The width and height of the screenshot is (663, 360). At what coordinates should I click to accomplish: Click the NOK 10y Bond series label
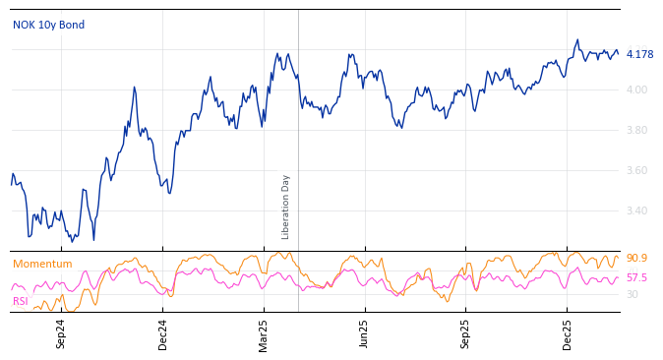click(48, 25)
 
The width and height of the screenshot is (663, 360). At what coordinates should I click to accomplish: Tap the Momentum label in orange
click(42, 264)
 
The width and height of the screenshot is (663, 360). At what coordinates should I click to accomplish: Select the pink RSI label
click(21, 301)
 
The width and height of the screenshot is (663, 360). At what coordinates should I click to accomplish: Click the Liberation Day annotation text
click(286, 207)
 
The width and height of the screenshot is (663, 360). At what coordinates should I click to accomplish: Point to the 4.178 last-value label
click(639, 54)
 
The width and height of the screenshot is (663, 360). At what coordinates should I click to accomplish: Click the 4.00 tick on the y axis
click(637, 90)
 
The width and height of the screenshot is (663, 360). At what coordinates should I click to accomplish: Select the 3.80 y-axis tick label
click(637, 130)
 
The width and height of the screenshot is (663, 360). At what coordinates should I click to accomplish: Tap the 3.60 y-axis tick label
click(637, 170)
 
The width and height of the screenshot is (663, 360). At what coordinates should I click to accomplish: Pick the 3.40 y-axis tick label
click(637, 210)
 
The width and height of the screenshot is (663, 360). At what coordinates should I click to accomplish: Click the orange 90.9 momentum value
click(636, 258)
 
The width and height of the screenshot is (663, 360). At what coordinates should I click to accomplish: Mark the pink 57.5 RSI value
click(636, 277)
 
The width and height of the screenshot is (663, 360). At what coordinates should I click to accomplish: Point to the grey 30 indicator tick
click(633, 294)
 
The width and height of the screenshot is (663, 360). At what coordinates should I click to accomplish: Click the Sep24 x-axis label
click(61, 333)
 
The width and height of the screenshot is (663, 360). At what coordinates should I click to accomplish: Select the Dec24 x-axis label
click(163, 333)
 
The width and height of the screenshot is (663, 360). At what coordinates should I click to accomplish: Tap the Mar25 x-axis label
click(264, 333)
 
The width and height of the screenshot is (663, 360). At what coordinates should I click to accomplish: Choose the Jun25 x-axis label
click(364, 333)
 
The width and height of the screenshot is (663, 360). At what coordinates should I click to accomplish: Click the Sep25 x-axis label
click(465, 333)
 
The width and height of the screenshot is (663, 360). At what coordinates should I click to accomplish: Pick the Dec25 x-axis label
click(568, 333)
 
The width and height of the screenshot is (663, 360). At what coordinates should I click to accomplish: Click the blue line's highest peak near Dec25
click(577, 40)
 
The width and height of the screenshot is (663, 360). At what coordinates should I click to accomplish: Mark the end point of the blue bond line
click(618, 53)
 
